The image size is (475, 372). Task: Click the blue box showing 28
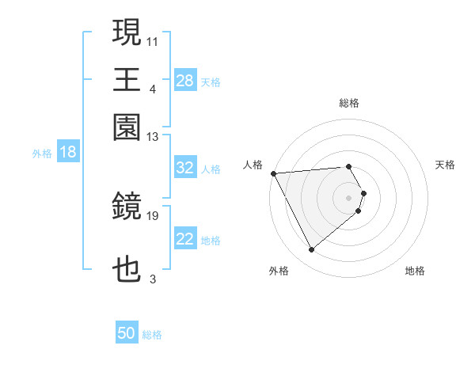[x=185, y=80]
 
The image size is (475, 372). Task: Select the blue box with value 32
[x=185, y=168]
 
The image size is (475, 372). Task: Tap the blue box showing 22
[x=185, y=239]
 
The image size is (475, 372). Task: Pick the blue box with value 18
[x=68, y=153]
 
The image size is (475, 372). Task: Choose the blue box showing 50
[x=127, y=333]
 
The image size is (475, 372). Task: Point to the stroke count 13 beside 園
[x=153, y=136]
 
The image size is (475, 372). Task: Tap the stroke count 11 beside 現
[x=153, y=40]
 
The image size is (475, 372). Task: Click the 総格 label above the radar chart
[x=349, y=103]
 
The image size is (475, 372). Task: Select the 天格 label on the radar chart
[x=445, y=165]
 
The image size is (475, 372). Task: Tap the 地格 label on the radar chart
[x=415, y=271]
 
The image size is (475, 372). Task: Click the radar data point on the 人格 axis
[x=273, y=173]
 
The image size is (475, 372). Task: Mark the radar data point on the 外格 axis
[x=311, y=249]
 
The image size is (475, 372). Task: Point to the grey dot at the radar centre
[x=349, y=197]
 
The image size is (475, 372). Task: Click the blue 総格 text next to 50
[x=152, y=335]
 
